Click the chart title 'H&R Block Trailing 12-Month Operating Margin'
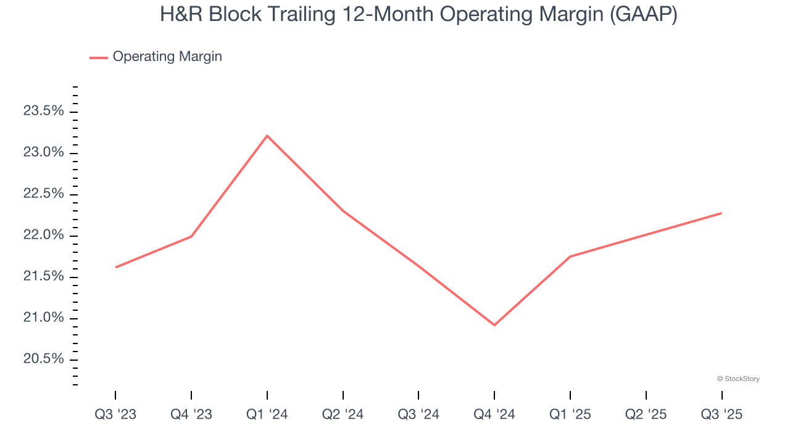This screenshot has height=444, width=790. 418,14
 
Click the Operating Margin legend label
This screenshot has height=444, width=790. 167,57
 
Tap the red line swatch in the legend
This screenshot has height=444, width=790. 99,57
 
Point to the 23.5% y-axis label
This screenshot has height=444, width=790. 43,111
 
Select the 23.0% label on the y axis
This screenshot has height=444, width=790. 43,152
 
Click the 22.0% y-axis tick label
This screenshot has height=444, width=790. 43,235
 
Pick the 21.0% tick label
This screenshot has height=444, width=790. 43,318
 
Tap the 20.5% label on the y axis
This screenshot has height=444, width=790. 43,359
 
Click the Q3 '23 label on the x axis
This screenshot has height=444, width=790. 115,414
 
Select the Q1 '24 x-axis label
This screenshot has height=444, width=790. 267,414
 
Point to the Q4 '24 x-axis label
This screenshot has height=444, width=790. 494,414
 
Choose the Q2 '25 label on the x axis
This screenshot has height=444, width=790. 646,414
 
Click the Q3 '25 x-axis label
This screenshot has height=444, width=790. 721,414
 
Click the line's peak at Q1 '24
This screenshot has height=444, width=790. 267,136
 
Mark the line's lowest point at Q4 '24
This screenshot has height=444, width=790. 494,325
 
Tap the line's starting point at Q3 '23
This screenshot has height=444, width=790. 115,267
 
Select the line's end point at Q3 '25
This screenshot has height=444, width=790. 721,213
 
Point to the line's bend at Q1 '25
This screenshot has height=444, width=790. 570,257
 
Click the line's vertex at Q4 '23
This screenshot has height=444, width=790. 191,236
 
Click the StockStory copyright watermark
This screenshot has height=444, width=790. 738,379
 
